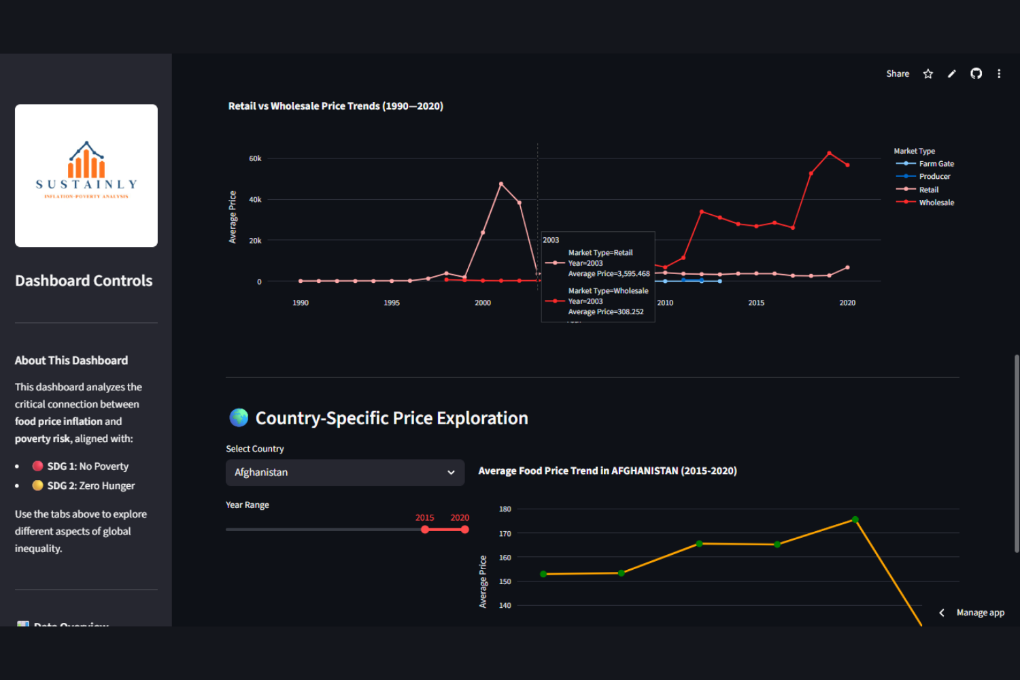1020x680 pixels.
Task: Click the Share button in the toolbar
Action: point(897,73)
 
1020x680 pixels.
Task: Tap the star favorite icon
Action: point(928,73)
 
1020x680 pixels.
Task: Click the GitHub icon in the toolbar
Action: point(976,73)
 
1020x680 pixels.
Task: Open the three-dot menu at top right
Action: point(999,73)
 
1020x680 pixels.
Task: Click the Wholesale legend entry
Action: point(936,203)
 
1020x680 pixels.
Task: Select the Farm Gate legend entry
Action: point(936,164)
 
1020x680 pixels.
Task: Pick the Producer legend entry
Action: point(934,177)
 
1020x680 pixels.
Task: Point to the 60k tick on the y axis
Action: point(255,158)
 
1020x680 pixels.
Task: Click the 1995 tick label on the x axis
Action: point(392,303)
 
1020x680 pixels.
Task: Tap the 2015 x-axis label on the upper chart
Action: point(756,303)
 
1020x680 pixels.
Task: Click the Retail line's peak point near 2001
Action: point(501,184)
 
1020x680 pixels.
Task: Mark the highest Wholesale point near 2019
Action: point(829,153)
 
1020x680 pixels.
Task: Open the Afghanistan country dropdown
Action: point(345,473)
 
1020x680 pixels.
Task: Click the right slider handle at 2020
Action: point(464,529)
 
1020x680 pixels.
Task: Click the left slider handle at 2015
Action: point(425,529)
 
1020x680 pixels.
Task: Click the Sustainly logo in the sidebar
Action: point(86,175)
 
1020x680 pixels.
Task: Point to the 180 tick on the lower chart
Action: point(505,509)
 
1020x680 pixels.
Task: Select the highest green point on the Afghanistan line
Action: point(855,520)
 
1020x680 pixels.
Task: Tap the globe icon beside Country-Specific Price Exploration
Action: point(239,418)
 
